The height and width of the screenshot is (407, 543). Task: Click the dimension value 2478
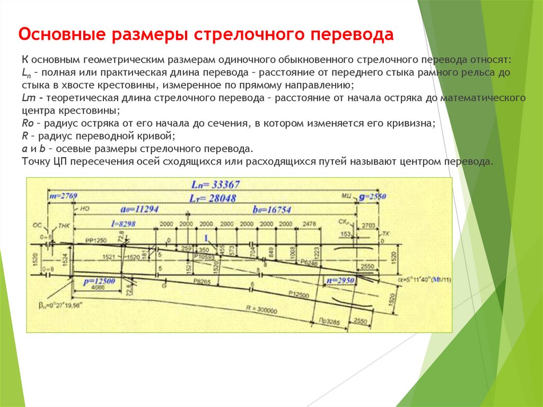tap(308, 223)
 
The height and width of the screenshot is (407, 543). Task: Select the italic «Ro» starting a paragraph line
tap(28, 123)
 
